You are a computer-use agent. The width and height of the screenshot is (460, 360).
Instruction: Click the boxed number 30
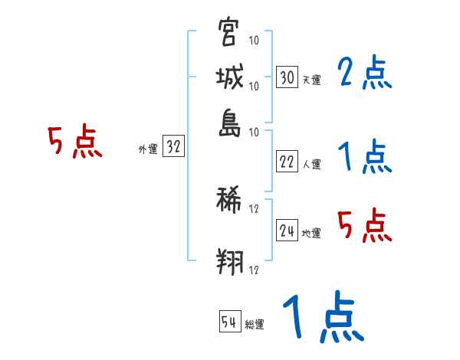pos(287,77)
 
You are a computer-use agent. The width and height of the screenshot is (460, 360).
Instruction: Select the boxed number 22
pos(287,162)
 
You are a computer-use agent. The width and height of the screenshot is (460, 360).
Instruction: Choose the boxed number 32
pos(172,148)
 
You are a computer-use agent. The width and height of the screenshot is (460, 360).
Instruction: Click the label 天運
pos(310,80)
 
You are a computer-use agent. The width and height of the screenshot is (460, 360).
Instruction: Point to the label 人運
pos(310,164)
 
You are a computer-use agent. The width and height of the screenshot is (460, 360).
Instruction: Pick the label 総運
pos(255,325)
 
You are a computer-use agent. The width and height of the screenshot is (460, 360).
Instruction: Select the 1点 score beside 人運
pos(364,158)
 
